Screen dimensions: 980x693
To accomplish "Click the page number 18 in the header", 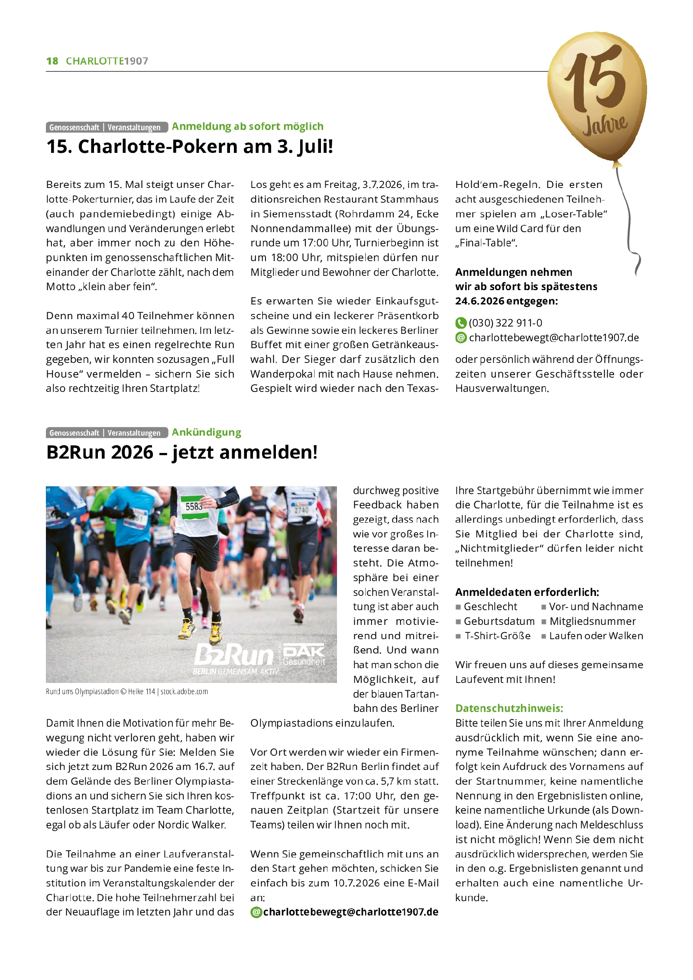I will [x=52, y=61].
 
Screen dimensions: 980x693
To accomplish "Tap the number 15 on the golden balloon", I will [x=596, y=81].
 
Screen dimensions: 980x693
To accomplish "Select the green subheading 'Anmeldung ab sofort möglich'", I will [x=247, y=126].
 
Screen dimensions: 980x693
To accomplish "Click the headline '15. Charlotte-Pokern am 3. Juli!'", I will [x=190, y=147].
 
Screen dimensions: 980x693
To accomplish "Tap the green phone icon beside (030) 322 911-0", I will [x=460, y=323].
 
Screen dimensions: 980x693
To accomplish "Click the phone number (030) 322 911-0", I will [x=505, y=323].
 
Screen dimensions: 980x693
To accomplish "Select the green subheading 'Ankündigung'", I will [x=206, y=432].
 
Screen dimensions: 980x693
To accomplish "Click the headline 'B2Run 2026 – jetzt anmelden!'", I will [x=182, y=453].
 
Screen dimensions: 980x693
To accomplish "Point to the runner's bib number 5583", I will [x=194, y=506].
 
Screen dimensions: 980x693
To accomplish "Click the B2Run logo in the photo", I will [x=234, y=654].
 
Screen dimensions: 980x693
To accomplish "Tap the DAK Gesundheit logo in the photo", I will [x=304, y=654].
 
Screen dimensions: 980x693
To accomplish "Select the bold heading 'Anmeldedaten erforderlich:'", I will [x=527, y=592].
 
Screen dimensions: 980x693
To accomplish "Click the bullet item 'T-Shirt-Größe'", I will [x=497, y=636].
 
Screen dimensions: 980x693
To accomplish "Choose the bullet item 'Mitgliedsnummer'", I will [x=592, y=621].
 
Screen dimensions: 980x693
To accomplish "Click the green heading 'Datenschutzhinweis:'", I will [x=509, y=708].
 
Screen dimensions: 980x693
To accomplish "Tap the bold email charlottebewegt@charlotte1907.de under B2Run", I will [x=350, y=912].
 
